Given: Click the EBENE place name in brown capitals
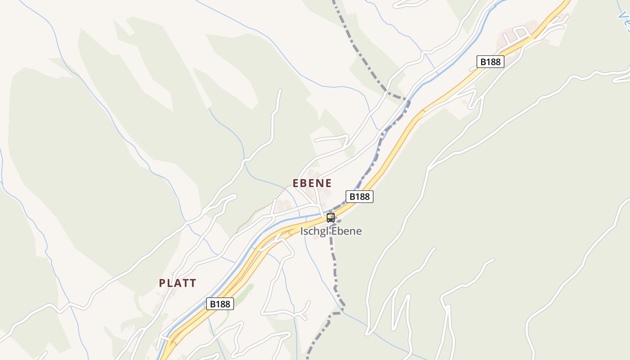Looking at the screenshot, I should pyautogui.click(x=312, y=183).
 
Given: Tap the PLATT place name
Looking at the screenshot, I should pyautogui.click(x=177, y=283).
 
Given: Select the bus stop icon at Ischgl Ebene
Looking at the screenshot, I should pyautogui.click(x=331, y=218).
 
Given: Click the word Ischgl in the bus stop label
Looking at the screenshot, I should pyautogui.click(x=313, y=231).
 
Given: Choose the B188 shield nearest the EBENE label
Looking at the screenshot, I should pyautogui.click(x=359, y=197).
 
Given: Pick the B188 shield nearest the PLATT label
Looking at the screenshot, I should pyautogui.click(x=220, y=304).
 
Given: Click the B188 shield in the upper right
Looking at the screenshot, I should pyautogui.click(x=490, y=62).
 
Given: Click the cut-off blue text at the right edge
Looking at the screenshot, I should pyautogui.click(x=625, y=20).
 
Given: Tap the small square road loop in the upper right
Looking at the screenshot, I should pyautogui.click(x=522, y=33).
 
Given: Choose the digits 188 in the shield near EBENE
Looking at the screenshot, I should pyautogui.click(x=362, y=197).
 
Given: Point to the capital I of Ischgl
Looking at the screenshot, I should pyautogui.click(x=302, y=231).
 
